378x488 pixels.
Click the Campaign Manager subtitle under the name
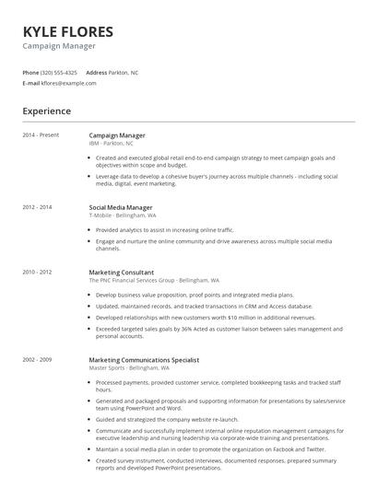(x=59, y=45)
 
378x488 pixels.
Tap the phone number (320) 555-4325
(x=60, y=72)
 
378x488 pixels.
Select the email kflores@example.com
(x=69, y=83)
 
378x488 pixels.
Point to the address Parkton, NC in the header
(x=124, y=72)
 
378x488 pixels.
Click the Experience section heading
(x=47, y=111)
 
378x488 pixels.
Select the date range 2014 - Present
(x=41, y=135)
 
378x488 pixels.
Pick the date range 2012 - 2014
(x=38, y=207)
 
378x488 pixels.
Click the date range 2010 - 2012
(x=38, y=273)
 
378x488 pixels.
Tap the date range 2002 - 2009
(x=38, y=359)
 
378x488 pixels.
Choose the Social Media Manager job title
(x=121, y=207)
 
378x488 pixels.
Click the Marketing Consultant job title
(x=122, y=273)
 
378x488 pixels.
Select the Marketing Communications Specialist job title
(x=144, y=359)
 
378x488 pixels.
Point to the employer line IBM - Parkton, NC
(x=112, y=144)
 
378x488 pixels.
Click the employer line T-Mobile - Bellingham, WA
(x=123, y=215)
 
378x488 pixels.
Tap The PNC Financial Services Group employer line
(x=154, y=280)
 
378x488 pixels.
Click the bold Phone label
(x=30, y=72)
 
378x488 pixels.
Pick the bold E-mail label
(x=30, y=83)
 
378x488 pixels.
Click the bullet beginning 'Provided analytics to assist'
(x=165, y=229)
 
